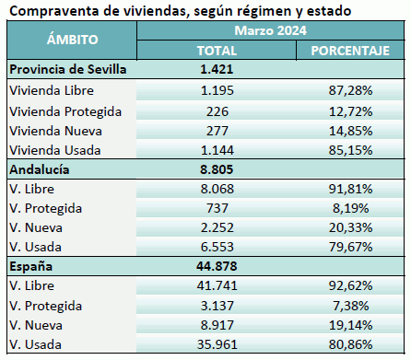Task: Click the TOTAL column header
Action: tap(217, 50)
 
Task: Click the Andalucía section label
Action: tap(40, 169)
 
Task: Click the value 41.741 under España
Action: tap(217, 289)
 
